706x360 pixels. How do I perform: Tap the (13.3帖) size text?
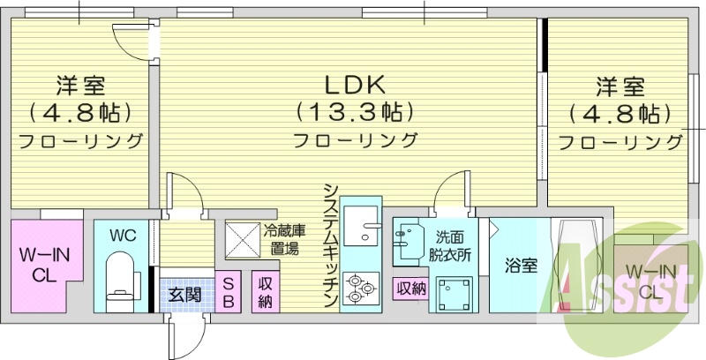[354, 113]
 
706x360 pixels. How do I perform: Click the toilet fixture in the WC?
[119, 274]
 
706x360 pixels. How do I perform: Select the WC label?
[122, 236]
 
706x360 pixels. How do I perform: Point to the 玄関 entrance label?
[184, 294]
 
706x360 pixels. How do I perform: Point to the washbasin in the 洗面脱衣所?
[409, 241]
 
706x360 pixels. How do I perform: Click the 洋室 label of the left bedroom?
[82, 86]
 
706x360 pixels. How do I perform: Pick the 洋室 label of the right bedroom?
[620, 86]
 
